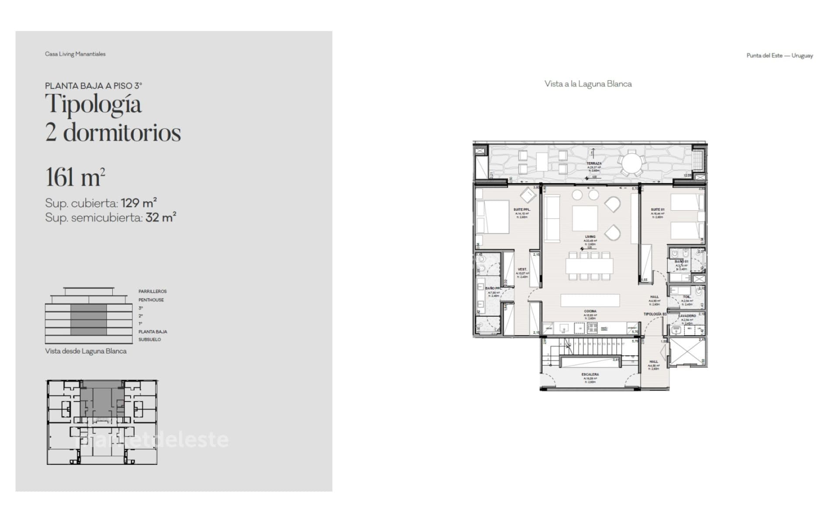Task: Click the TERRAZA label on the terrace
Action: click(593, 163)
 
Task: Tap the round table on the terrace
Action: click(631, 164)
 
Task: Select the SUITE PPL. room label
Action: click(521, 210)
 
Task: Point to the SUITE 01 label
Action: click(657, 210)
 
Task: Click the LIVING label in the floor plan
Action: click(590, 237)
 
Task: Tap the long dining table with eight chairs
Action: click(589, 266)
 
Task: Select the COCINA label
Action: click(590, 312)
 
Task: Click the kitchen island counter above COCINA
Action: click(590, 300)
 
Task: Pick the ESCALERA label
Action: click(590, 374)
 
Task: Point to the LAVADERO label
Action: click(687, 315)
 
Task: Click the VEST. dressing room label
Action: click(522, 270)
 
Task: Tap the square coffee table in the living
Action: click(585, 218)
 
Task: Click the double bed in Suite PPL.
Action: click(493, 217)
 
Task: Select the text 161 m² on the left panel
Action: click(75, 177)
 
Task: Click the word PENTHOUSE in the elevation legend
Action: click(151, 300)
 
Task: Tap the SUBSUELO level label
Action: click(150, 339)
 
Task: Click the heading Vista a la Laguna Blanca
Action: click(588, 84)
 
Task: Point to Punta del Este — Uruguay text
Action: click(779, 55)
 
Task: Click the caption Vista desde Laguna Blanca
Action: click(86, 351)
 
